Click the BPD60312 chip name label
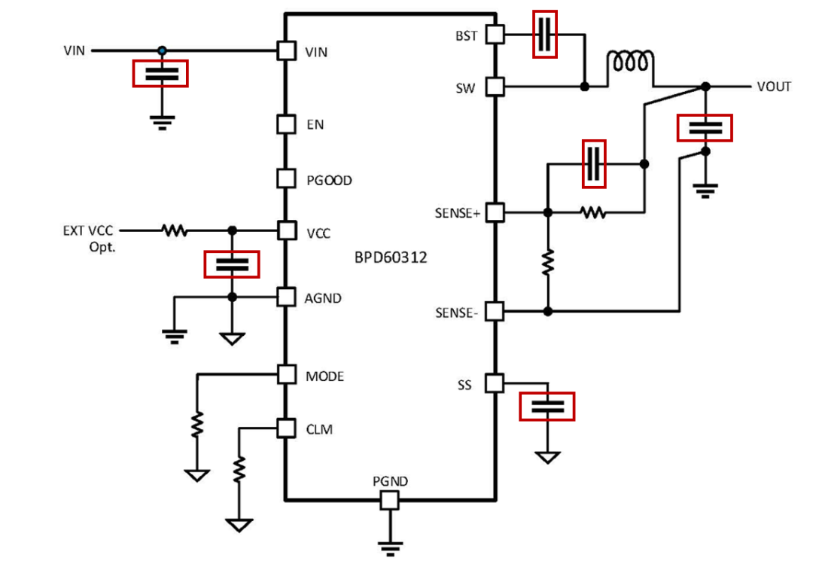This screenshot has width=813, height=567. coord(391,258)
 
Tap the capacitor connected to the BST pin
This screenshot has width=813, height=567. coord(546,34)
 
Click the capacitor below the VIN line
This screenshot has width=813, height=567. coord(160,74)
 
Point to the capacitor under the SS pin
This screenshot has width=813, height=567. coord(547,407)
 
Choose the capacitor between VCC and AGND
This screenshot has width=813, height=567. coord(232,264)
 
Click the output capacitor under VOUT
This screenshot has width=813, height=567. coord(705,128)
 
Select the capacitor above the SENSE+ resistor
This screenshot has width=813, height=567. coord(595,163)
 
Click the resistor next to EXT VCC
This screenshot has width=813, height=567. coord(175,230)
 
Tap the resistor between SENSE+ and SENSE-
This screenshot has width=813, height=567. coord(548,262)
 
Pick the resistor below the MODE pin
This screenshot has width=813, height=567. coord(196,425)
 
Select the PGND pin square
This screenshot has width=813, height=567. coord(389,500)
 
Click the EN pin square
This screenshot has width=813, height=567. coord(285,123)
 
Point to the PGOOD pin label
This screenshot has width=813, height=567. coord(328,181)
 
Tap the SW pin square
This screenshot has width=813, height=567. coord(494,87)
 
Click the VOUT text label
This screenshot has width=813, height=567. coord(774,87)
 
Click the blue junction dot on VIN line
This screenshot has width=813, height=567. coord(161,50)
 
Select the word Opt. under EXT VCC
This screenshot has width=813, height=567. coord(102,246)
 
